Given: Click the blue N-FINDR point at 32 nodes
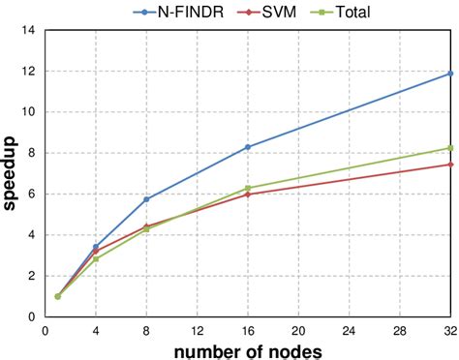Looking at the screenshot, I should point(450,74).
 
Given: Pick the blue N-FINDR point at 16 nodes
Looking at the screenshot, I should point(248,147).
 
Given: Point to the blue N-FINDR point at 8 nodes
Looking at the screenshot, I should point(146,199).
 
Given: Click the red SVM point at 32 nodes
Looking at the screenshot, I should point(450,165).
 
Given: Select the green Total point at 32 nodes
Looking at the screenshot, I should point(450,148).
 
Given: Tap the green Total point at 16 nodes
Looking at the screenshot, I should point(248,188).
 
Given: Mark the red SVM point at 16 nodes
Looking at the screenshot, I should point(248,195).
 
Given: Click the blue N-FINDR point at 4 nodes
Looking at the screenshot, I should point(96,247).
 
